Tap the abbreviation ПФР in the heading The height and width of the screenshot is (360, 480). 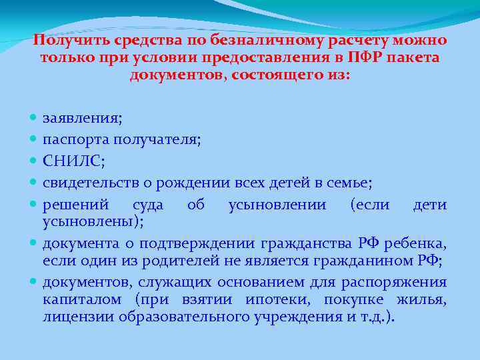(x=379, y=57)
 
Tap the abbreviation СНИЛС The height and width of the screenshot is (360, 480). (x=73, y=161)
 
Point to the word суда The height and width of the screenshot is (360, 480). (x=148, y=204)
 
